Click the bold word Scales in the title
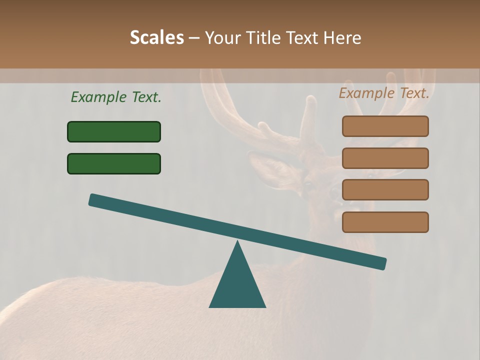coord(156,37)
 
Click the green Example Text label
coord(116,97)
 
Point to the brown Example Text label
coord(384,93)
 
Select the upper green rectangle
coord(114,131)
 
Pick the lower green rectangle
coord(114,163)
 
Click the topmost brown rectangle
coord(385,126)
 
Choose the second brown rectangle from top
coord(385,158)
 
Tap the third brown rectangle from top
coord(385,189)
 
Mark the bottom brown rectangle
coord(385,222)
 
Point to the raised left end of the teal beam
coord(93,200)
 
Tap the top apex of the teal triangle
coord(237,242)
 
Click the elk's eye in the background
coord(307,183)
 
